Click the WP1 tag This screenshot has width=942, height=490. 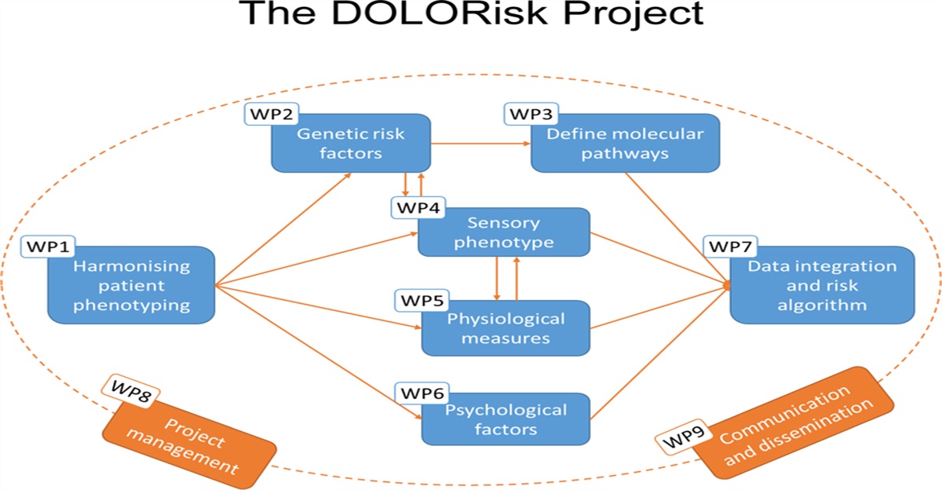tap(49, 247)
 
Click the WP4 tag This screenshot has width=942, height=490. tap(417, 209)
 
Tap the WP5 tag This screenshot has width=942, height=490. tap(422, 300)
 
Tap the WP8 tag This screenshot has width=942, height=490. tap(130, 389)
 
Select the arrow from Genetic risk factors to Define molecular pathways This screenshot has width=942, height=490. tap(481, 144)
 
